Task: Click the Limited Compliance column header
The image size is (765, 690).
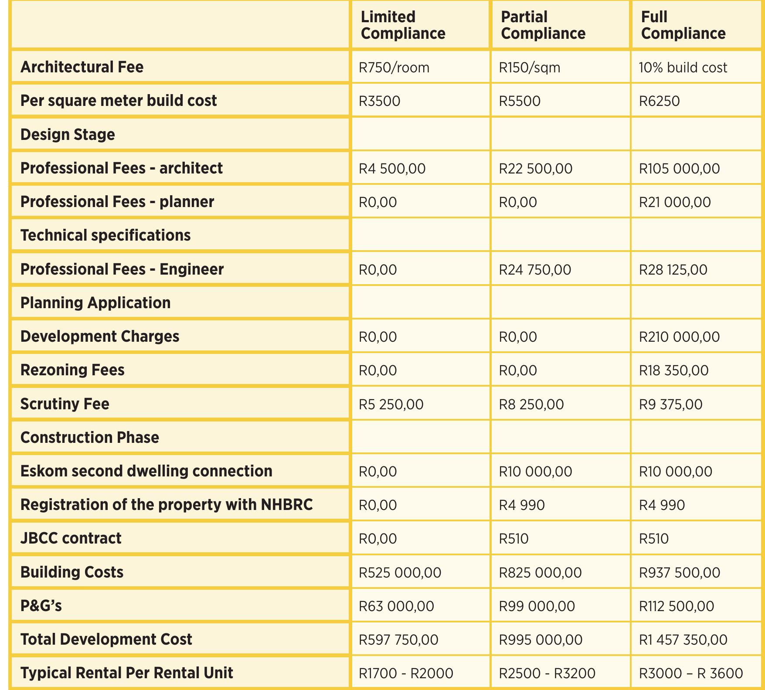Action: click(x=403, y=25)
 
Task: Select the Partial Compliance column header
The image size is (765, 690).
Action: click(x=543, y=25)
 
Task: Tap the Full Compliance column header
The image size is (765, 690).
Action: click(x=683, y=25)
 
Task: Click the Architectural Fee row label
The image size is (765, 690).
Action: click(x=82, y=67)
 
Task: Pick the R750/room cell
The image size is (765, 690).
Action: click(x=394, y=68)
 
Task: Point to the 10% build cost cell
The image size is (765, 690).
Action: click(x=683, y=68)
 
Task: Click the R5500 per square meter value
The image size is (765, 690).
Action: click(x=520, y=101)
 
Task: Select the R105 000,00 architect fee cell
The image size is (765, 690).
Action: click(x=679, y=169)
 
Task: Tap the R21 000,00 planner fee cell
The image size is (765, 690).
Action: click(x=675, y=202)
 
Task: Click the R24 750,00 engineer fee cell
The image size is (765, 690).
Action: click(x=535, y=270)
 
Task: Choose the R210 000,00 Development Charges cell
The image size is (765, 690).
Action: click(x=679, y=337)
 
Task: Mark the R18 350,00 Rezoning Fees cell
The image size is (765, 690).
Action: click(x=673, y=370)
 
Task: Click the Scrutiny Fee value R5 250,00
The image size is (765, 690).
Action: click(x=391, y=404)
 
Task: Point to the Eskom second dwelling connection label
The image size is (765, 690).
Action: click(x=146, y=471)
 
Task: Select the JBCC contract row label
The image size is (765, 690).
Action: click(x=71, y=538)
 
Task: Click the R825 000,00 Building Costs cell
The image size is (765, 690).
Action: click(x=540, y=572)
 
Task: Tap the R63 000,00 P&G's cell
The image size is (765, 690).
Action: click(x=396, y=606)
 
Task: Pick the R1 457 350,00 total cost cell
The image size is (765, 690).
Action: click(x=683, y=640)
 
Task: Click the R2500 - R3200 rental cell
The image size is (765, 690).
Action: click(x=547, y=673)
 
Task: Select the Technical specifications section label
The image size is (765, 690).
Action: click(x=105, y=235)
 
